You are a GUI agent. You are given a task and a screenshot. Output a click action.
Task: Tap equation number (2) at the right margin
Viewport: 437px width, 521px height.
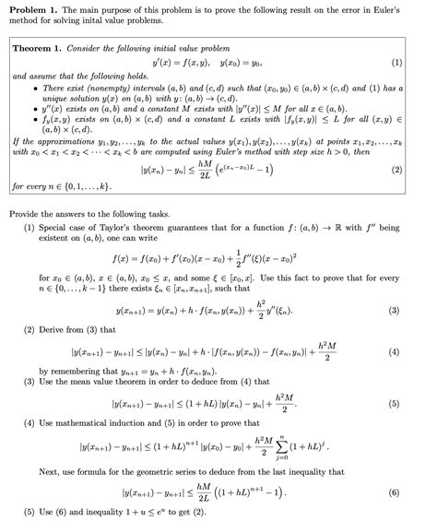(x=396, y=171)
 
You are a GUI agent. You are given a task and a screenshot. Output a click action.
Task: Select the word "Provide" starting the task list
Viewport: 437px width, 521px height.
(x=27, y=213)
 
